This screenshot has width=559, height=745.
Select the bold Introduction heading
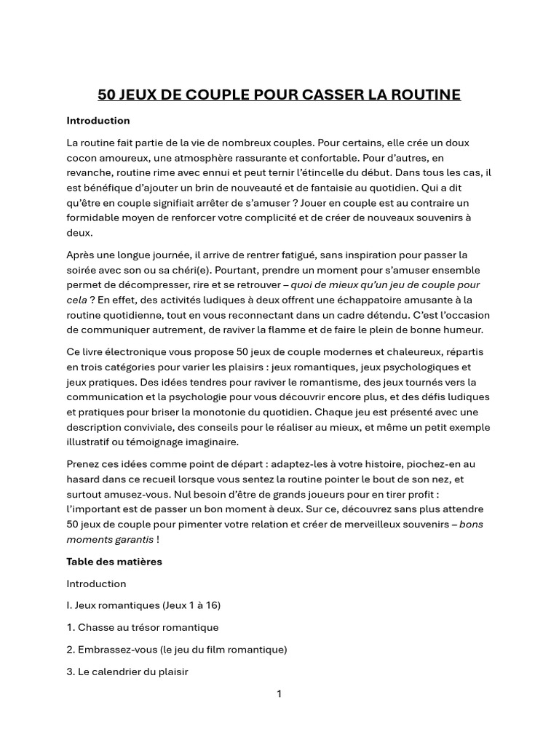point(98,120)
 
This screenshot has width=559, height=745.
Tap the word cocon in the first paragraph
point(83,158)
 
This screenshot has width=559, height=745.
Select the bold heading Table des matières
point(114,562)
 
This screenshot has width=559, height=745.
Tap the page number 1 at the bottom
point(279,694)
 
